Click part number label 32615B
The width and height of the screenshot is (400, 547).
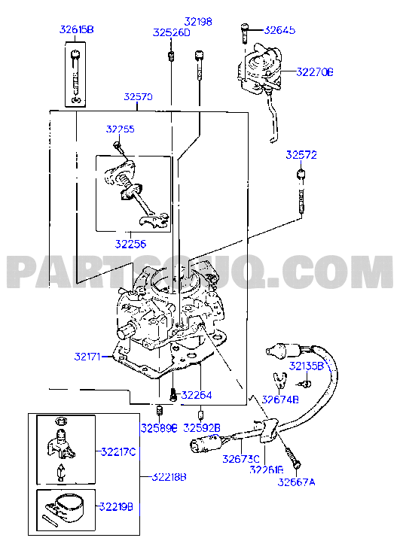77,29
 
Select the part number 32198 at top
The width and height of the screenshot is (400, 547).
198,22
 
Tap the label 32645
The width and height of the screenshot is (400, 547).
279,30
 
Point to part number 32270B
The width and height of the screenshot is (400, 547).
315,72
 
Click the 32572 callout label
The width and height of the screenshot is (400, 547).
301,155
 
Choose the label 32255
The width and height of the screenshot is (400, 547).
121,129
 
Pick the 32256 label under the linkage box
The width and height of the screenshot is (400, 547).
130,244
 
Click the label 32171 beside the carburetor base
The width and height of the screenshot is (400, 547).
87,357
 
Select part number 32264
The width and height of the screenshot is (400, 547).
197,395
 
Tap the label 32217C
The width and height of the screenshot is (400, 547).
118,451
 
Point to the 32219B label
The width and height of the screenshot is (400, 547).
116,506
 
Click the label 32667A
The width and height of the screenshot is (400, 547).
296,482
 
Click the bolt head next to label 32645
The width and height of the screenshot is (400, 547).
245,26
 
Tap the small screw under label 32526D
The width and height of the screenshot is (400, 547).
171,56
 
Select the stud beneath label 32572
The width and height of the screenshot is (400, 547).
301,191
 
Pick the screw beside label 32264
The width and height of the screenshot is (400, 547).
173,394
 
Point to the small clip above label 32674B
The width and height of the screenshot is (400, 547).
280,380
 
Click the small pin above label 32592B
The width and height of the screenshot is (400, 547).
201,415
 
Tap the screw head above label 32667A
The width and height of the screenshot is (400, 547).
298,466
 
